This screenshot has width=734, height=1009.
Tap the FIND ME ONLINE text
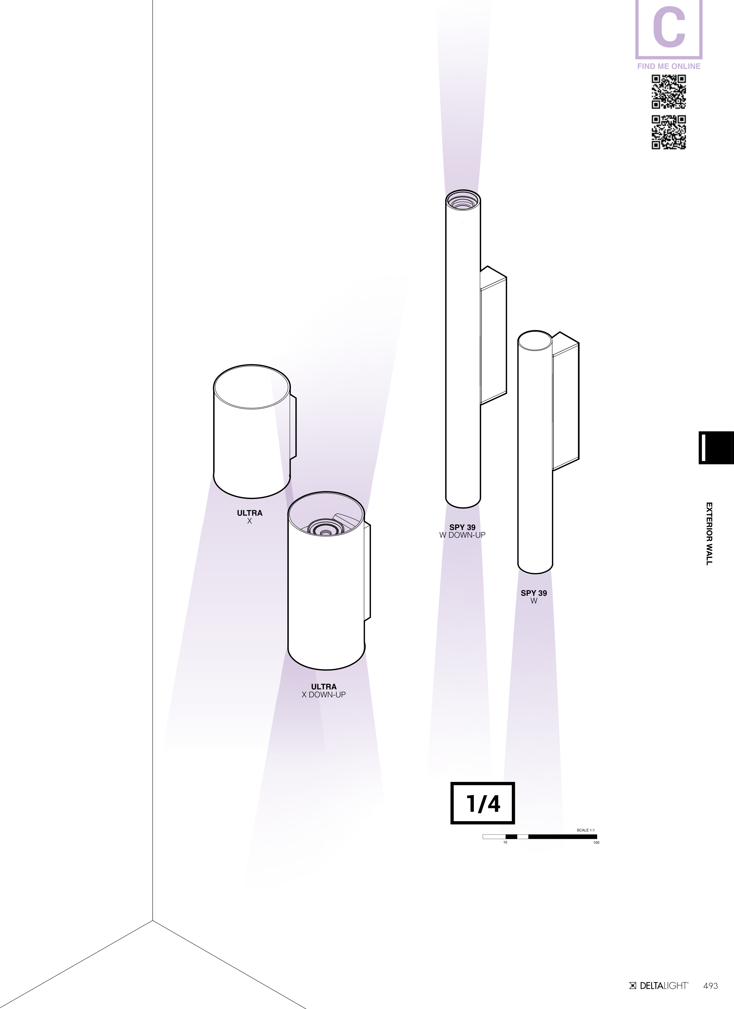pos(669,66)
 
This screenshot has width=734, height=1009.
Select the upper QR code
pos(669,92)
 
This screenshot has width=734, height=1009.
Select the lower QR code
pos(669,132)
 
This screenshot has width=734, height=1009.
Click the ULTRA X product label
pos(250,517)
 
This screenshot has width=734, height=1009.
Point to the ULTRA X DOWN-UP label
pos(324,691)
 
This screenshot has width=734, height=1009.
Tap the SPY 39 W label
pos(534,597)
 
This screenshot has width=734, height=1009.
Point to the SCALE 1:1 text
pos(585,830)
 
